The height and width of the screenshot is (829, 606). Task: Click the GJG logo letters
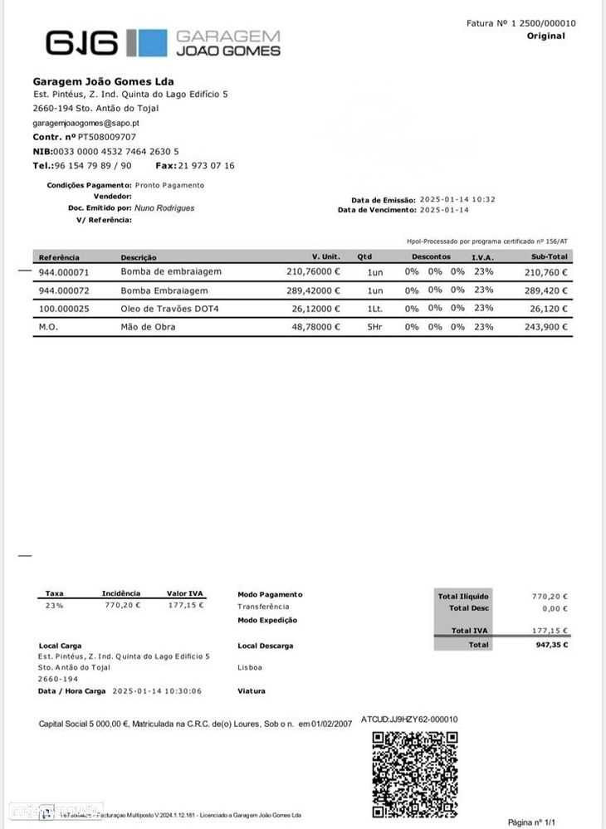pos(82,42)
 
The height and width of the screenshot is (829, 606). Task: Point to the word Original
pos(545,36)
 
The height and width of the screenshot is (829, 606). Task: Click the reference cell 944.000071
pos(63,272)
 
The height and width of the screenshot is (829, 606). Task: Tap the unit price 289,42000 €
pos(313,290)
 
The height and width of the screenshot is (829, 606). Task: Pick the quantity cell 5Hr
pos(375,327)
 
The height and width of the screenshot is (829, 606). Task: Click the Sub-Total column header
pos(550,257)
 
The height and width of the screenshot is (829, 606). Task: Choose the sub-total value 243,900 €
pos(545,327)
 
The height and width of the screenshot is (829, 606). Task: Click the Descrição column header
pos(139,257)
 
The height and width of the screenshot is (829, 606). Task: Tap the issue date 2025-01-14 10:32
pos(457,200)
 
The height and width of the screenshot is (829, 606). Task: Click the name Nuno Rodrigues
pos(164,208)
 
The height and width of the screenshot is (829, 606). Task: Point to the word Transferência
pos(263,607)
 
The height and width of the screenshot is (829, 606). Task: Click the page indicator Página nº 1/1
pos(531,822)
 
